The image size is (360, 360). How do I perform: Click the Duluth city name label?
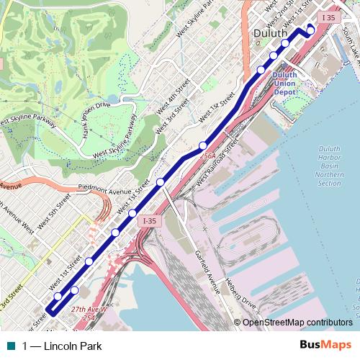point(271,33)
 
